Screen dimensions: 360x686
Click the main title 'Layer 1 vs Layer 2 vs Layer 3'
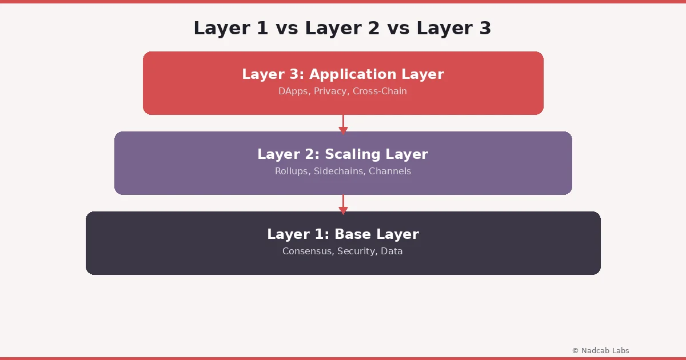[x=342, y=28]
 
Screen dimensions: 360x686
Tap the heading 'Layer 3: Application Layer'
[x=343, y=74]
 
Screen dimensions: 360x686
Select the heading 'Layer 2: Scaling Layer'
[x=343, y=154]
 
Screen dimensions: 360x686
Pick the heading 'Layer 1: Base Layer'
[x=343, y=234]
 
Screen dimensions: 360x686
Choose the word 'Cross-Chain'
[x=380, y=91]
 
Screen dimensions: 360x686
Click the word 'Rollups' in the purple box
[x=291, y=171]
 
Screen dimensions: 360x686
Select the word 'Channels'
[x=390, y=171]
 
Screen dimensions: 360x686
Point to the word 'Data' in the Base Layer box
[x=392, y=251]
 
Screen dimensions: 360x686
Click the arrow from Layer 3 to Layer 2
[x=343, y=124]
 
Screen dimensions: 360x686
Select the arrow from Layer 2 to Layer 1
[x=343, y=204]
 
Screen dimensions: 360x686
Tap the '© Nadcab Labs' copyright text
[x=601, y=350]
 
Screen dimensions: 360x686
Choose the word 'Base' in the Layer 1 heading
[x=352, y=234]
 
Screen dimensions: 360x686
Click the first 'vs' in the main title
[x=286, y=28]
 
